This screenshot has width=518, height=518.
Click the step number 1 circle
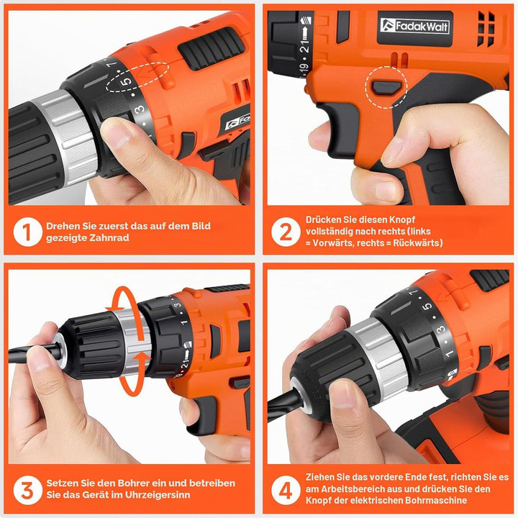(28, 232)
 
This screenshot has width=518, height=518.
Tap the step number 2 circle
(286, 232)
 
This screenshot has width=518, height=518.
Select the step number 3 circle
(28, 490)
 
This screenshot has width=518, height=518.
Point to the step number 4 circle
(286, 490)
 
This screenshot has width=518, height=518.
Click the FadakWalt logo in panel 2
(414, 26)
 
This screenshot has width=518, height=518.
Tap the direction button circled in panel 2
(386, 88)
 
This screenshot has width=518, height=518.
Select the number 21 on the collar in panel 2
(304, 45)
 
